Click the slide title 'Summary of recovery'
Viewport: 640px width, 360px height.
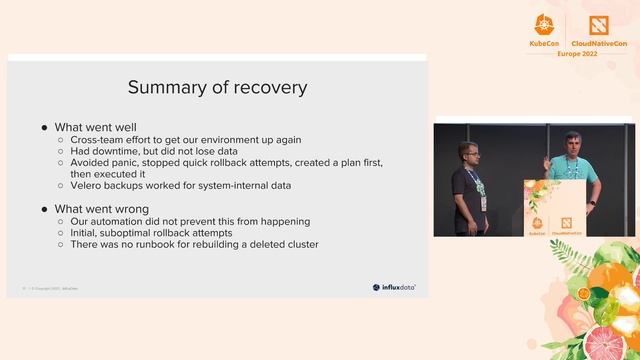[217, 87]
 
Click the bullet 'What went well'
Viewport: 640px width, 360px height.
[95, 127]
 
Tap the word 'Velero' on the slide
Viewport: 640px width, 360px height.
[88, 185]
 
